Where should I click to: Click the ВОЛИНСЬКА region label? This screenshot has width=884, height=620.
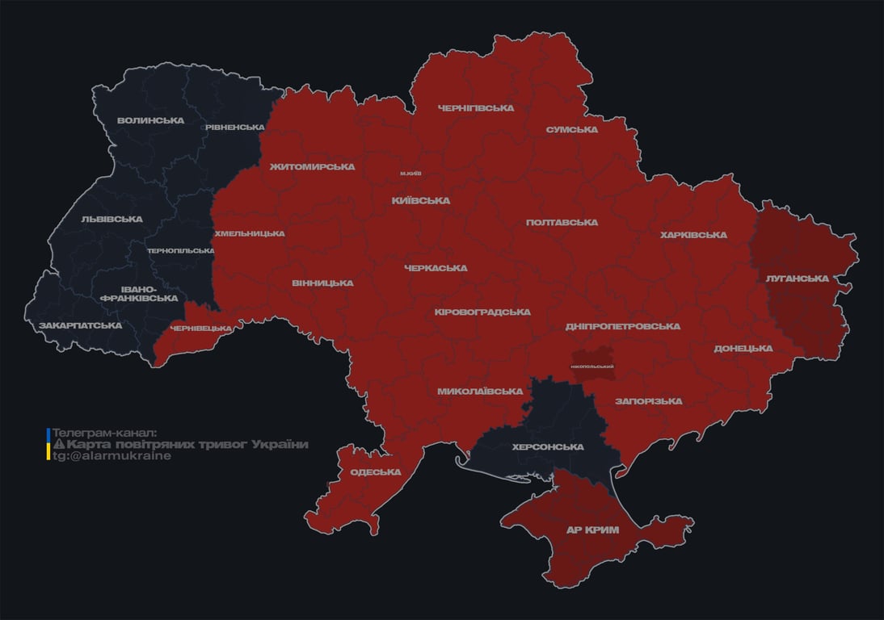tap(150, 121)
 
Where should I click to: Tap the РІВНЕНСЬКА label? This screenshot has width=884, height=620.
tap(234, 128)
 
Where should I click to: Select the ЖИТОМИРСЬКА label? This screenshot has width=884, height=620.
tap(312, 167)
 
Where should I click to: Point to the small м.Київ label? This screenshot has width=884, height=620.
tap(410, 174)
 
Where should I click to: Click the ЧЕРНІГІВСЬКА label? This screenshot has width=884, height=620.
tap(476, 108)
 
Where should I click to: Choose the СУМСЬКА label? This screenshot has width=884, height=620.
tap(571, 130)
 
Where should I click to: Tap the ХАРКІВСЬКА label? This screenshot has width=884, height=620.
tap(693, 236)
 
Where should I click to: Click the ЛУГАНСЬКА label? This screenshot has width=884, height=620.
tap(798, 279)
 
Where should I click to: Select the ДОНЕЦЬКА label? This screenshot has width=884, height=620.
tap(743, 349)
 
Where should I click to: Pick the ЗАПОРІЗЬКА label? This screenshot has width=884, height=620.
tap(648, 401)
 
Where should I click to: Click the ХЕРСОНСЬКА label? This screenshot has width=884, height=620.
tap(548, 447)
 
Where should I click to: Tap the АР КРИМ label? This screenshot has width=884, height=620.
tap(592, 530)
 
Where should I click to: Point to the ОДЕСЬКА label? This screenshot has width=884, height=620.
tap(376, 472)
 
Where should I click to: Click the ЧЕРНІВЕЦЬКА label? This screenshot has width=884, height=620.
tap(205, 329)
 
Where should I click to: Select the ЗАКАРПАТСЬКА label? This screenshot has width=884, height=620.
tap(81, 326)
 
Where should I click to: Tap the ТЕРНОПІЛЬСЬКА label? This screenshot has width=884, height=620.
tap(181, 251)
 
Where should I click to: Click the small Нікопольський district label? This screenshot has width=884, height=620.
tap(592, 367)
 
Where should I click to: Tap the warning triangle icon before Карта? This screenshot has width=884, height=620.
tap(58, 445)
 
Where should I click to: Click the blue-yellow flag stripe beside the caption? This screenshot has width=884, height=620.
tap(48, 445)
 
